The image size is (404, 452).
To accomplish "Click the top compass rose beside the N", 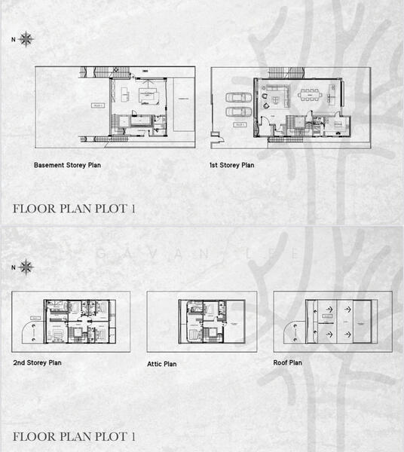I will (x=26, y=38).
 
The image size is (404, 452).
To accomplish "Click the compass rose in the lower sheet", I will (x=26, y=267).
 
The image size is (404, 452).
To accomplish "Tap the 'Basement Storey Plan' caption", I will (x=68, y=163).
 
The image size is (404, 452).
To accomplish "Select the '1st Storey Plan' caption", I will (x=232, y=163).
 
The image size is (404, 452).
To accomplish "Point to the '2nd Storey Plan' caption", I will (x=38, y=362).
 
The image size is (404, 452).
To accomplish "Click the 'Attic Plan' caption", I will (x=162, y=364).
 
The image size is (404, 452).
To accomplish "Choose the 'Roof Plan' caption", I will (x=288, y=362).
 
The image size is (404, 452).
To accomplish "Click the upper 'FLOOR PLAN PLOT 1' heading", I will (x=75, y=209).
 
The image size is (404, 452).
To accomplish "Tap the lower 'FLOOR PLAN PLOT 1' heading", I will (x=75, y=436).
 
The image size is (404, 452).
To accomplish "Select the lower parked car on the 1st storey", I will (x=238, y=111).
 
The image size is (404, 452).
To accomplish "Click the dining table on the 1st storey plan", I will (x=310, y=95).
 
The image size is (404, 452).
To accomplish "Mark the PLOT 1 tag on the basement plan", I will (x=98, y=106).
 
